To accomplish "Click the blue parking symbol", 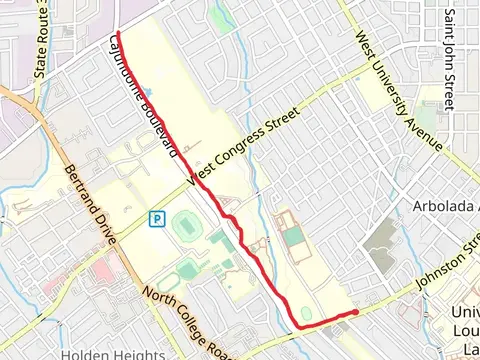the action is [x=156, y=218].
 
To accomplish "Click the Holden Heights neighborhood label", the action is [x=112, y=354].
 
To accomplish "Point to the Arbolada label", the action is [x=446, y=206].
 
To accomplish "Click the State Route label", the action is [x=41, y=40].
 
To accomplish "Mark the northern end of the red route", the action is [x=117, y=34].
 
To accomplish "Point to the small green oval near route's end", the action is [x=306, y=314].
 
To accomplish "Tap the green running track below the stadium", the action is [x=187, y=270].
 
